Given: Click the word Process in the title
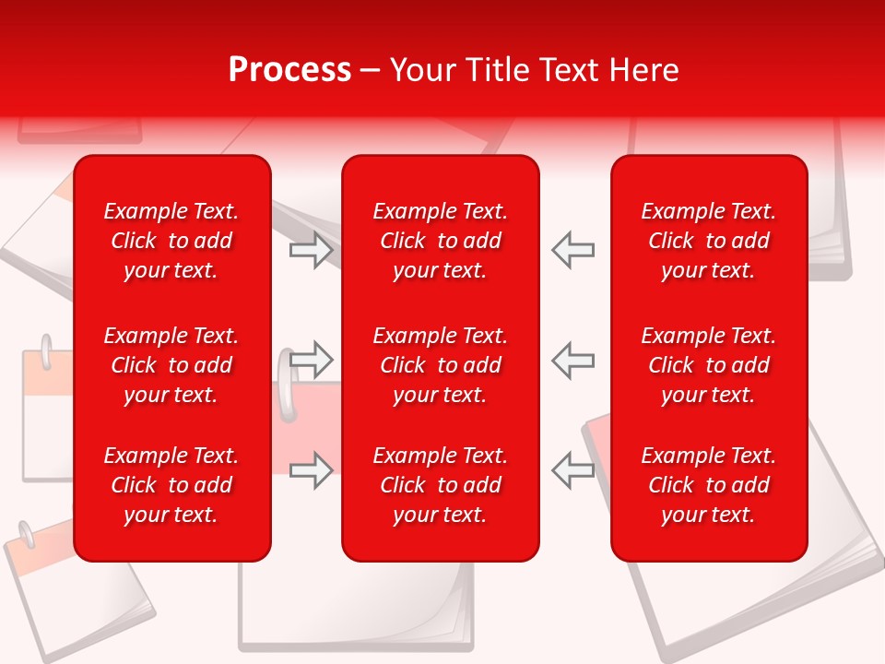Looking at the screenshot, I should pyautogui.click(x=289, y=70).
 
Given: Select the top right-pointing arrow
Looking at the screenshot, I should pyautogui.click(x=311, y=250).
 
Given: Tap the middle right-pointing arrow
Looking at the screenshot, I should pyautogui.click(x=311, y=359).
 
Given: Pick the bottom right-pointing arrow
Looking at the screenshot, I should pyautogui.click(x=311, y=469).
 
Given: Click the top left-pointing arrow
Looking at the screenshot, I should pyautogui.click(x=572, y=250).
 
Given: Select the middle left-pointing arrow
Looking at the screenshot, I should pyautogui.click(x=572, y=359).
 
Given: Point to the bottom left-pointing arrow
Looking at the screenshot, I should pyautogui.click(x=572, y=469).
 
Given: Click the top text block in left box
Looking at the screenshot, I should pyautogui.click(x=171, y=241).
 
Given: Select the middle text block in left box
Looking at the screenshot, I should pyautogui.click(x=171, y=365).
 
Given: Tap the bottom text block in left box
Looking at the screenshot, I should pyautogui.click(x=171, y=485).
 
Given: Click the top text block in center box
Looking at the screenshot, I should pyautogui.click(x=440, y=241).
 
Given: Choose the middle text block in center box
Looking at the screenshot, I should pyautogui.click(x=440, y=365).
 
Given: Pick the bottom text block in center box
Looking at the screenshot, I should pyautogui.click(x=440, y=485).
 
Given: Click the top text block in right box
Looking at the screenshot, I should pyautogui.click(x=708, y=241).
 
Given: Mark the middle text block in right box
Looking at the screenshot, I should pyautogui.click(x=708, y=365).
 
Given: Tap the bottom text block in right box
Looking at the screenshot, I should pyautogui.click(x=708, y=485).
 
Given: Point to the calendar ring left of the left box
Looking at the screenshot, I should pyautogui.click(x=45, y=352).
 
